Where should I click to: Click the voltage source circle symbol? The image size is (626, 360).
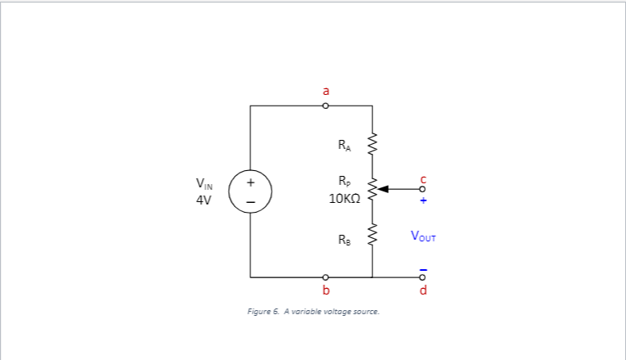click(x=250, y=191)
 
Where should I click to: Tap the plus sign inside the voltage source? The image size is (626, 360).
click(x=250, y=182)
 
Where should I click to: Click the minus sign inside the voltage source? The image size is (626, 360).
click(x=250, y=201)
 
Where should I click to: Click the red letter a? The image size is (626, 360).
click(x=326, y=91)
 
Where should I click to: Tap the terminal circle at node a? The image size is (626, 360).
click(x=326, y=106)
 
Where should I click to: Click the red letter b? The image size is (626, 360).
click(x=326, y=290)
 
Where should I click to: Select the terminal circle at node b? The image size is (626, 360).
click(x=326, y=277)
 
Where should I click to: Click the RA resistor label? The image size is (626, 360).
click(x=344, y=146)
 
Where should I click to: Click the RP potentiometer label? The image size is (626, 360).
click(x=344, y=181)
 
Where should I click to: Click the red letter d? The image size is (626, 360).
click(x=423, y=290)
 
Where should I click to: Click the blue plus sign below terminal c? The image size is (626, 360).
click(x=423, y=200)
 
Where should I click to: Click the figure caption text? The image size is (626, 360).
click(x=313, y=312)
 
